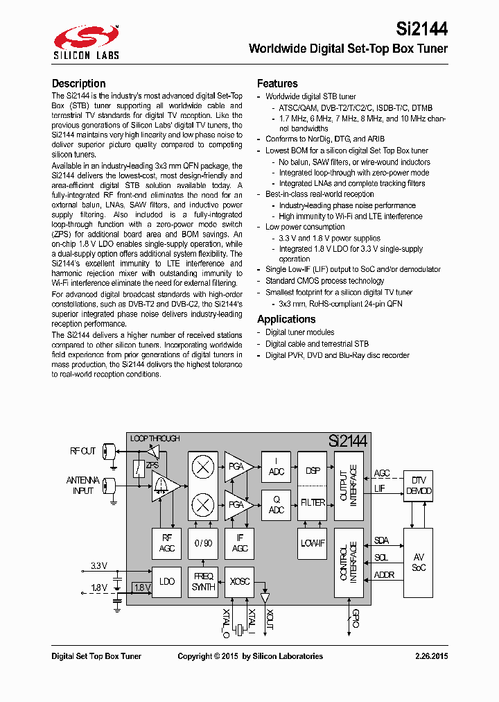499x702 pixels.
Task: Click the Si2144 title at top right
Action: coord(421,29)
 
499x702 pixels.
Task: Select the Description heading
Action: coord(79,83)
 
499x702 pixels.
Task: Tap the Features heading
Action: coord(277,83)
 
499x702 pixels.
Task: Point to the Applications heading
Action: coord(286,319)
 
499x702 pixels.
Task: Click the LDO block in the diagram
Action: coord(167,581)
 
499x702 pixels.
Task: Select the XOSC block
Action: coord(240,581)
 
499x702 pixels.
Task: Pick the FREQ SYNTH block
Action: coord(203,581)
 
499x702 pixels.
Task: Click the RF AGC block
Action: coord(167,543)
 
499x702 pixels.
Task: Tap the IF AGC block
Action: coord(240,543)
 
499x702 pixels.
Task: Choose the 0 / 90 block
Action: coord(203,543)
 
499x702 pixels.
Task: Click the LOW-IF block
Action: coord(312,543)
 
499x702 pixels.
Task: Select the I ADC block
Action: coord(276,466)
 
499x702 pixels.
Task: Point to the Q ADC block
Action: coord(276,504)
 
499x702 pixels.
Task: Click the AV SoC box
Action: coord(418,562)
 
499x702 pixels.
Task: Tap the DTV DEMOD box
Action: coord(418,486)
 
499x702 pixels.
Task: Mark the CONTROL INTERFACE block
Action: coord(349,562)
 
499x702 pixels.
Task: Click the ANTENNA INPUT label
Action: coord(83,486)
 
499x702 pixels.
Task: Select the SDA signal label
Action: coord(381,540)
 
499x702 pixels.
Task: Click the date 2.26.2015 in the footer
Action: coord(431,656)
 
